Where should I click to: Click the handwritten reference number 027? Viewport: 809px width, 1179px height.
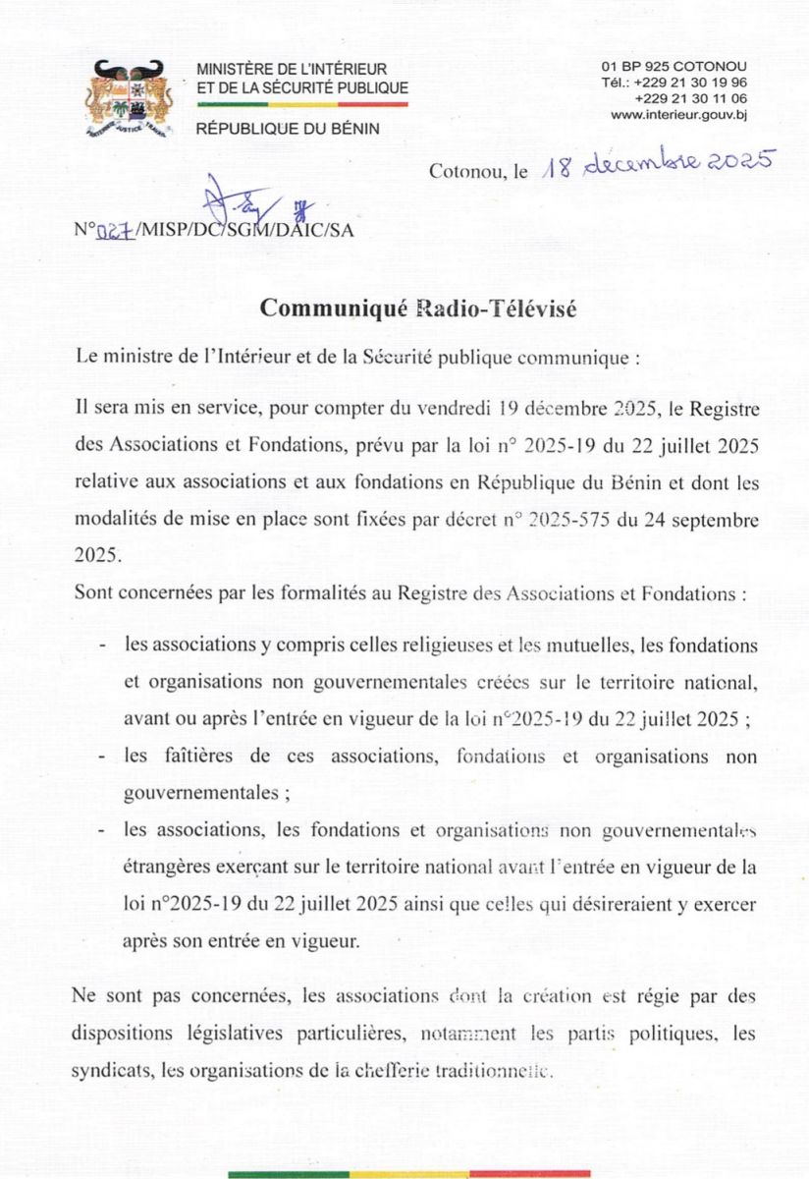tap(116, 232)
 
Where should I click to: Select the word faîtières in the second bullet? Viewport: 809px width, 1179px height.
tap(184, 758)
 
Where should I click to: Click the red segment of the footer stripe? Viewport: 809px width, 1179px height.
tap(530, 1173)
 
